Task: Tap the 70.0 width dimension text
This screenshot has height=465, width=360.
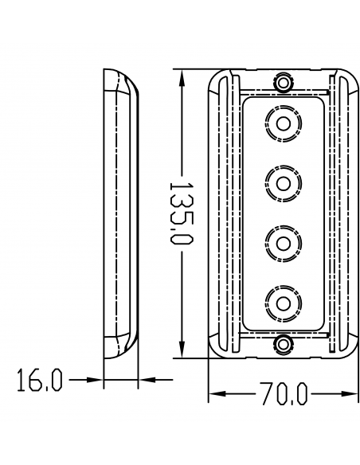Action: (283, 394)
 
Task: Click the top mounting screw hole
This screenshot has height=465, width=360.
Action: (283, 82)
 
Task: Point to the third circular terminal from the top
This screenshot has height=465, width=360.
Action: (283, 241)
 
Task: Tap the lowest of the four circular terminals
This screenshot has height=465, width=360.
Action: (283, 300)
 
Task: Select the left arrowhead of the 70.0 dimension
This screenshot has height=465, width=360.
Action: (216, 394)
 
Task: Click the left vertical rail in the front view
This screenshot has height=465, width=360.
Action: (229, 213)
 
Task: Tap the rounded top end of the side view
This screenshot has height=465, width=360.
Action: (119, 80)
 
